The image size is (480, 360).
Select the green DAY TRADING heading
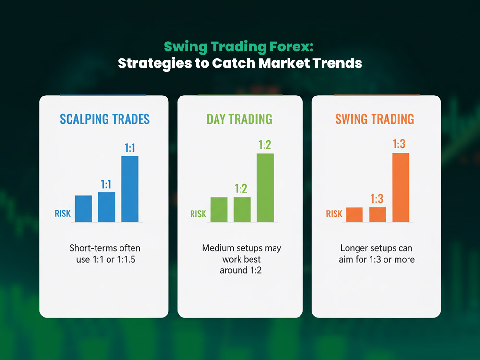[240, 120]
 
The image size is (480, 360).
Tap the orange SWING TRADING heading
[375, 120]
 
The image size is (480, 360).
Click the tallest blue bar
[130, 189]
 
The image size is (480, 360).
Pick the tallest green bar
[265, 188]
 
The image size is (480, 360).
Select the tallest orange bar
[401, 187]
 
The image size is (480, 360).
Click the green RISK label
[198, 214]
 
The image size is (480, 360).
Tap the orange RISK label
[334, 214]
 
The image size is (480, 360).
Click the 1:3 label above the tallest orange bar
[399, 144]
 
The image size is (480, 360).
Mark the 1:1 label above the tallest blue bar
[130, 148]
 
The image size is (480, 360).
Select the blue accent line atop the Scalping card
[103, 95]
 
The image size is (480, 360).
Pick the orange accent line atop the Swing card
[376, 95]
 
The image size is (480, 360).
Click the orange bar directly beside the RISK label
[354, 215]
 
